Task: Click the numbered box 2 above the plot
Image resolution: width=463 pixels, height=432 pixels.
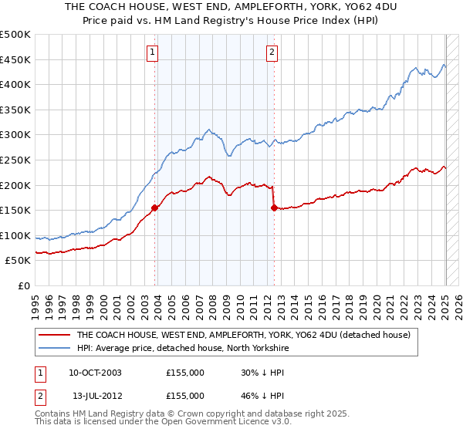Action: pos(272,52)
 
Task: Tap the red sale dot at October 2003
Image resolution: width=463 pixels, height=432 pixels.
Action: pos(155,207)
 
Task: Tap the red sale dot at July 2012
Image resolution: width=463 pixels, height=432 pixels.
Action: pos(275,207)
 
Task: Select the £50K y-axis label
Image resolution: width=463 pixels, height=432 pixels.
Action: pos(19,261)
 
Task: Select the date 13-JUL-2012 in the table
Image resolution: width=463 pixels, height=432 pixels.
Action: pos(95,395)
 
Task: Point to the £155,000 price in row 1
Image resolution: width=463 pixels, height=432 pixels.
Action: pos(185,373)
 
